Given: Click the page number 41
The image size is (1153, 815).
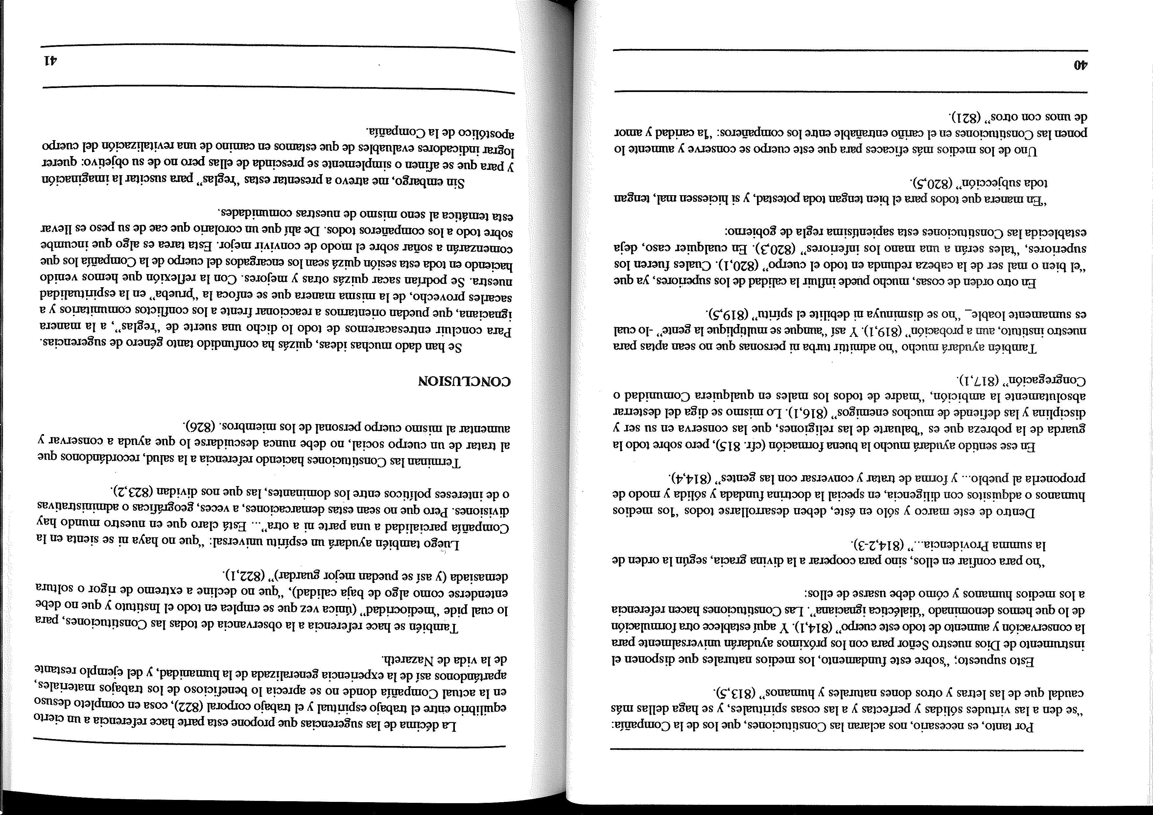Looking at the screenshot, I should [50, 61].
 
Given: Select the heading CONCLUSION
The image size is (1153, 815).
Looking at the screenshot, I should [464, 381].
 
